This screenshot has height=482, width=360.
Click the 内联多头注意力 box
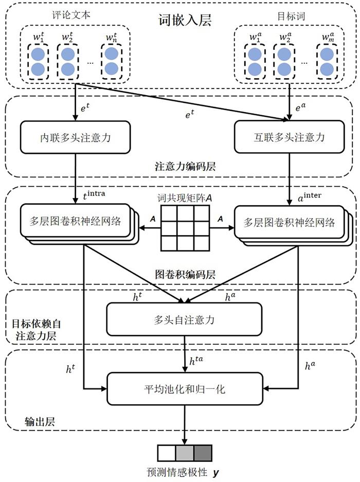click(x=75, y=138)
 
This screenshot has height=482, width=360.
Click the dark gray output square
click(x=202, y=453)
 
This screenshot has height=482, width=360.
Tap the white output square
click(x=166, y=453)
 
